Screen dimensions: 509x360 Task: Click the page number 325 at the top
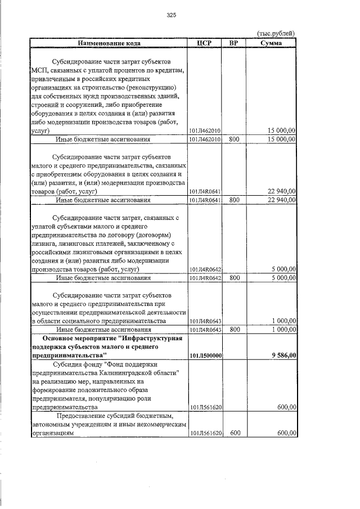pos(172,15)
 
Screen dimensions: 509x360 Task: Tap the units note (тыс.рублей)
pos(275,33)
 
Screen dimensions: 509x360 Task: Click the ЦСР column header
pos(205,43)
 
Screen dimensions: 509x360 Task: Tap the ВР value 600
pos(235,433)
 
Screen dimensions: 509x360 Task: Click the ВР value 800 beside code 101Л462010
pos(235,139)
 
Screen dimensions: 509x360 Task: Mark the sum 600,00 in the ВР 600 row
pos(286,433)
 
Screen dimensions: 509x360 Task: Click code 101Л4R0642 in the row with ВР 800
pos(205,278)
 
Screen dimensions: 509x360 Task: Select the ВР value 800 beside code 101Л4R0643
pos(235,330)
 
